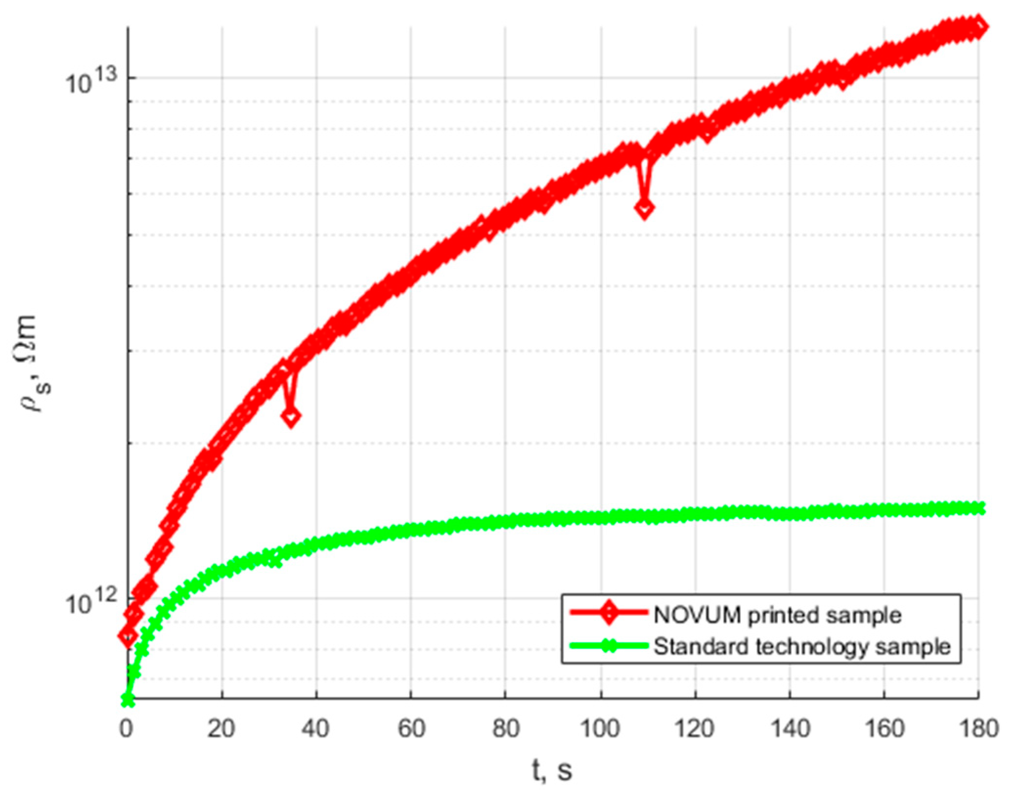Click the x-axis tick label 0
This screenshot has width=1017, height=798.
click(x=127, y=729)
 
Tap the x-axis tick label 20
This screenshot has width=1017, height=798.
click(x=221, y=729)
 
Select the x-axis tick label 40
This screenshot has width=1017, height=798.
click(x=315, y=729)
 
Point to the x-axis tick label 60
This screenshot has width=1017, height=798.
click(x=411, y=729)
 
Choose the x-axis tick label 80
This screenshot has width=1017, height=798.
click(x=505, y=729)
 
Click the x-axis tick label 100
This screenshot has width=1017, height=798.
click(x=600, y=729)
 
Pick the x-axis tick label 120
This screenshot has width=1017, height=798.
click(x=694, y=729)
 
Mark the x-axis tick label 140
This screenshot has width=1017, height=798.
click(x=789, y=729)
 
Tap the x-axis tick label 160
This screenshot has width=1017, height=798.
click(x=884, y=729)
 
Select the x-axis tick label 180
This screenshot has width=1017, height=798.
click(x=978, y=729)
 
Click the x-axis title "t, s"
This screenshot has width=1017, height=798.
click(x=552, y=771)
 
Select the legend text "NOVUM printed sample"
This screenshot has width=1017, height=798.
click(x=778, y=615)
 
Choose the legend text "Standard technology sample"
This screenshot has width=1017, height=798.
click(x=802, y=646)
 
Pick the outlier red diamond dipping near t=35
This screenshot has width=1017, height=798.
click(x=291, y=417)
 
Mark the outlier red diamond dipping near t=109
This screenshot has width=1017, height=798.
click(x=645, y=209)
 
